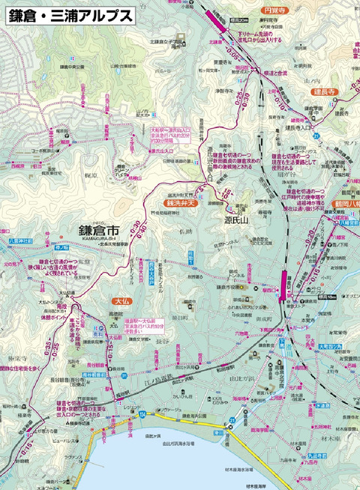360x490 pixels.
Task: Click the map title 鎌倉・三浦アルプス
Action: click(x=68, y=14)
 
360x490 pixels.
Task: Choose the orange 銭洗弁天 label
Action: click(x=182, y=202)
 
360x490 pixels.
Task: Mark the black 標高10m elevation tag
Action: click(x=310, y=299)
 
